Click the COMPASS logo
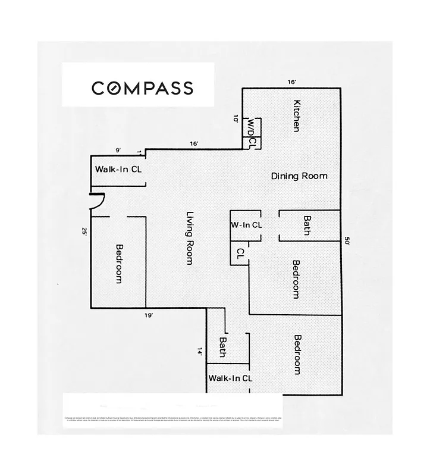(142, 88)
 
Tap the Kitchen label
(296, 115)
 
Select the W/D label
(252, 127)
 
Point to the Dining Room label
(299, 176)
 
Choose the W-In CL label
(246, 225)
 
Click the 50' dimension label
(348, 241)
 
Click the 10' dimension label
(236, 118)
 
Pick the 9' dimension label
(118, 150)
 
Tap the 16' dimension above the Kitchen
(291, 82)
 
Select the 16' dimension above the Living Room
(194, 143)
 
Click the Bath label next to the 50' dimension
(307, 226)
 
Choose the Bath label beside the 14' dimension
(222, 347)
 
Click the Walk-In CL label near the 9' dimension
(118, 170)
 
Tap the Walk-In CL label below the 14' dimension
(230, 378)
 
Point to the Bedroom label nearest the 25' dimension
(119, 264)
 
